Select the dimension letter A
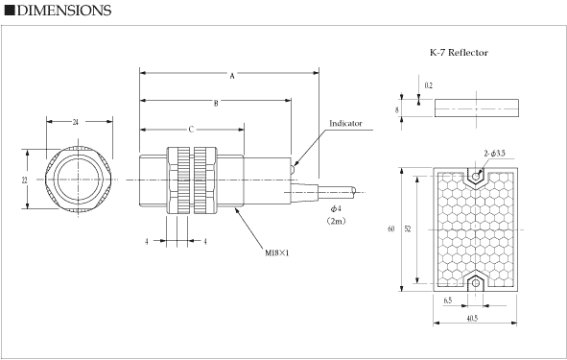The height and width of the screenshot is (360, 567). point(232,76)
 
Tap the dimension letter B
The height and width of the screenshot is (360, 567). point(216,104)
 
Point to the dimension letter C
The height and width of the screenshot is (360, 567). point(191,130)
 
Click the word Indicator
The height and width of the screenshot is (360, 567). point(345,124)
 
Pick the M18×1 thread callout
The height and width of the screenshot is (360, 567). point(277,252)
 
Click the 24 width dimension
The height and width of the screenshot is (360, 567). point(75,122)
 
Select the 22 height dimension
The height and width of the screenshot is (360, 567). point(25,180)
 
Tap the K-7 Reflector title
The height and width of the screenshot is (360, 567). point(459,53)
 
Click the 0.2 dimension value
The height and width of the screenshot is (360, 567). point(428,85)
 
